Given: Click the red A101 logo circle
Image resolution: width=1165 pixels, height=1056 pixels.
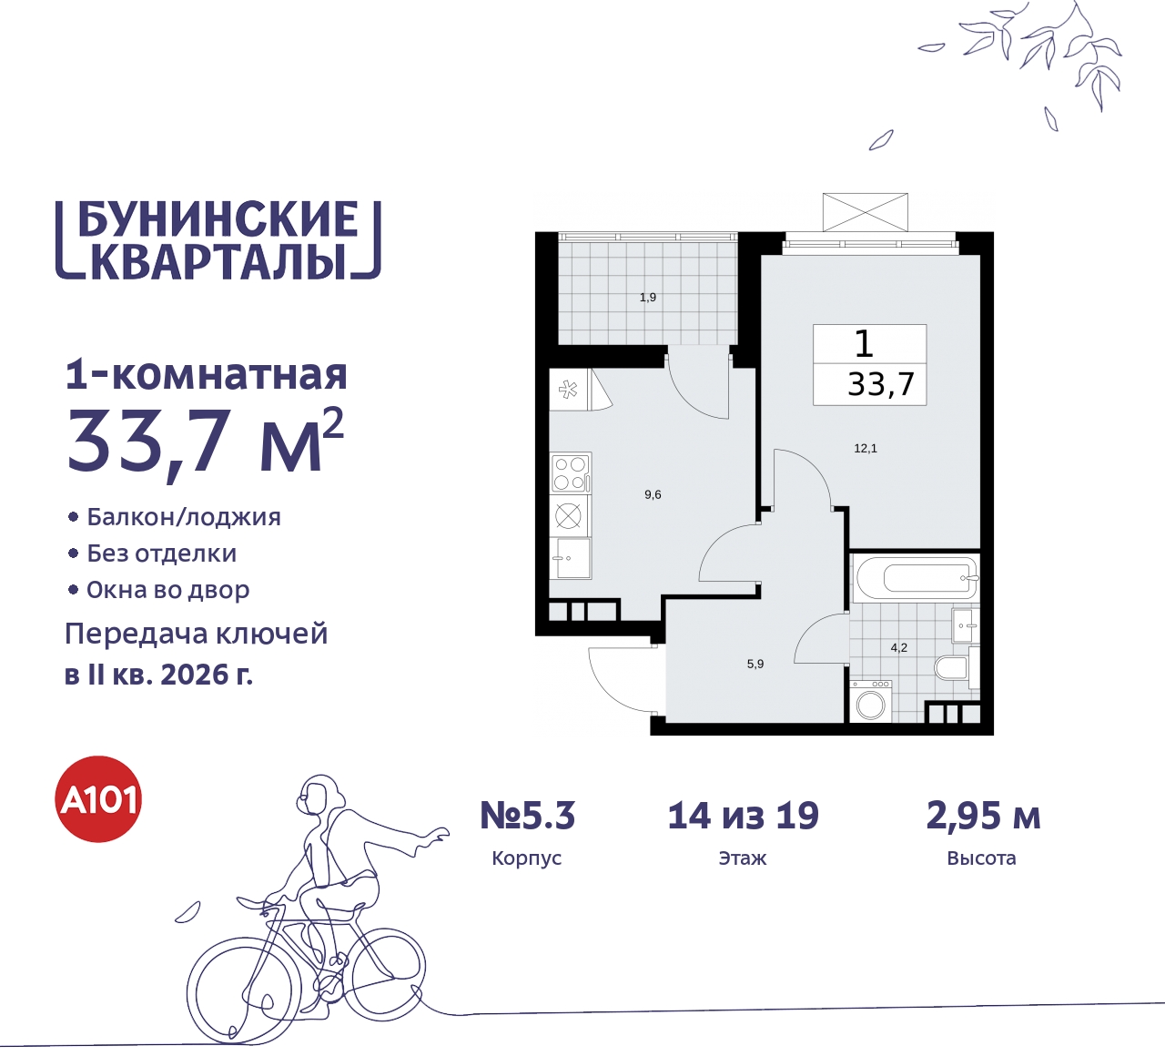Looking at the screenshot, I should (x=99, y=799).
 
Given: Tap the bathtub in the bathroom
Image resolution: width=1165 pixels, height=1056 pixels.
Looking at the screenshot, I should (x=916, y=578).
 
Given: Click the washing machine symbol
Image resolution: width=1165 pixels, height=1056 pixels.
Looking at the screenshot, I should (x=871, y=703).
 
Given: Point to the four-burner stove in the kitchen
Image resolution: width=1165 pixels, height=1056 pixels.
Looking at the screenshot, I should (x=571, y=473).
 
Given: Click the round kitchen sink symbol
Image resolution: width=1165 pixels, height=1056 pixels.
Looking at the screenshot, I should (x=569, y=516).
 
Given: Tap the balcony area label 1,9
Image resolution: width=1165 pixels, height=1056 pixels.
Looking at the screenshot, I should (x=648, y=298).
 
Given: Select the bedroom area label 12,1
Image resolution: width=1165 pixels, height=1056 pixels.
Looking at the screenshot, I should (x=866, y=449).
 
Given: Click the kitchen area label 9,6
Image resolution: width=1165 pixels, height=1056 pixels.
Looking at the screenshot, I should (x=653, y=495).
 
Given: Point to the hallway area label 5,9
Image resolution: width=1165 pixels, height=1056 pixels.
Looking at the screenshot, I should (x=755, y=665).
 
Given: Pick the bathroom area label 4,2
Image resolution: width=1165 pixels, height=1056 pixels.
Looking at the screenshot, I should (x=899, y=648).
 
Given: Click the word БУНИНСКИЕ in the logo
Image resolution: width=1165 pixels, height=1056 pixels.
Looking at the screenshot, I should (x=218, y=220).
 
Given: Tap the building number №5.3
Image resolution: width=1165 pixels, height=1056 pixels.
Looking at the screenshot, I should (x=528, y=817).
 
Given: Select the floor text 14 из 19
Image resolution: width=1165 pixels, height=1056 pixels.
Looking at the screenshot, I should (x=743, y=817).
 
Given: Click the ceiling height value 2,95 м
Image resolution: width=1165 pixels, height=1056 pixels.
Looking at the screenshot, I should (x=983, y=817).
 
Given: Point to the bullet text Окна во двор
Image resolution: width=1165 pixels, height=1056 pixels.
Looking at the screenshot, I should (x=168, y=590).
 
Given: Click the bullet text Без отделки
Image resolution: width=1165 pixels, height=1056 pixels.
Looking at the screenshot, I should (x=162, y=553).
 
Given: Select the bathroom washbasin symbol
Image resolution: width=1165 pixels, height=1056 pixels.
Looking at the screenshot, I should (x=965, y=625).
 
